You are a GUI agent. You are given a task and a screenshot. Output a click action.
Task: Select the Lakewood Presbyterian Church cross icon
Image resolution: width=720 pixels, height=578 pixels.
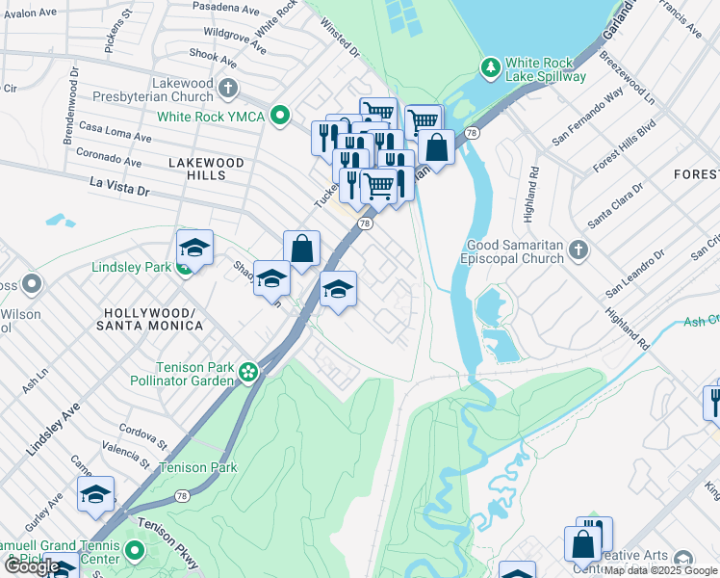(228, 90)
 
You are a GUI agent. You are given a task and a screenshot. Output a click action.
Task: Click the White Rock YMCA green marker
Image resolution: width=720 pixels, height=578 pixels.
(280, 117)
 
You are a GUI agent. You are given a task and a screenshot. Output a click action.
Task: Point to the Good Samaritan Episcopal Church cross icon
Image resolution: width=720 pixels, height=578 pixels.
(578, 250)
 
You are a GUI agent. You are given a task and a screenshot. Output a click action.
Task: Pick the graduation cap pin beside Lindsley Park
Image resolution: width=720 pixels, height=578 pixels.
(194, 249)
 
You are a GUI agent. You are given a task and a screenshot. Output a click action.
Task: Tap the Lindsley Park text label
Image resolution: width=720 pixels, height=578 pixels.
(130, 267)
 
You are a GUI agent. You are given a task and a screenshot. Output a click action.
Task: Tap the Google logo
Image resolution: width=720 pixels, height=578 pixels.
(31, 566)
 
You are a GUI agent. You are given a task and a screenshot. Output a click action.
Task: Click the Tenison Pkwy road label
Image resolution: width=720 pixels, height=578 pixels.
(166, 538)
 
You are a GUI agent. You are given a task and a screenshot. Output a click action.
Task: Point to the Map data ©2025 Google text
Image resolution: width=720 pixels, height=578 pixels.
(661, 570)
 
